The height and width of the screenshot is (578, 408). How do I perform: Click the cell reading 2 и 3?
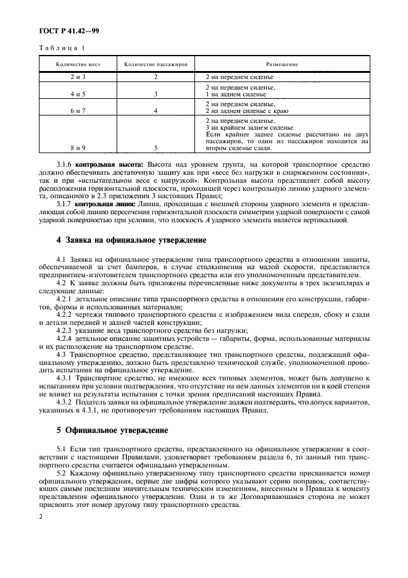coord(78,77)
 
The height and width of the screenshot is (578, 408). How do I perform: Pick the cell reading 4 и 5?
coord(78,94)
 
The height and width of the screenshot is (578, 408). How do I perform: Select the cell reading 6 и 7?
coord(78,111)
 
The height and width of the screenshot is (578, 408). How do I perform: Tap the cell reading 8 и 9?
coord(78,148)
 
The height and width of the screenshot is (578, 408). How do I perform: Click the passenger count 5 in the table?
coord(156,148)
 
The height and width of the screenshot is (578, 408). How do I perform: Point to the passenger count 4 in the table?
coord(156,111)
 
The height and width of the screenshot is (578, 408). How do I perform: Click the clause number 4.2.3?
coord(64,330)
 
